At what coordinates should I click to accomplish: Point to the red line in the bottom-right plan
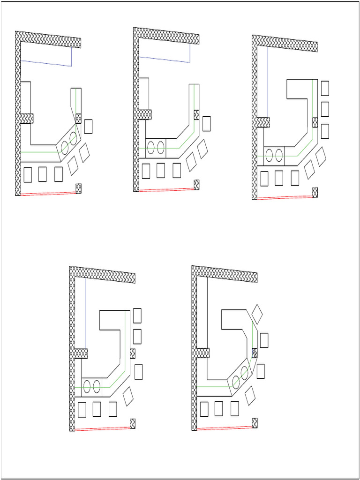point(225,427)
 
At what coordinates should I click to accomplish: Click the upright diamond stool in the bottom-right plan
point(257,313)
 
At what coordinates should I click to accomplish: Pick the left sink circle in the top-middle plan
point(151,147)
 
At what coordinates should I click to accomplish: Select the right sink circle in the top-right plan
point(279,155)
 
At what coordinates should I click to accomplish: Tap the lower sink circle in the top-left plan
point(65,147)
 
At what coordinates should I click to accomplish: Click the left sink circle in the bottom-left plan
point(87,387)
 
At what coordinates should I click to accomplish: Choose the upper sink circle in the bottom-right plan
point(244,373)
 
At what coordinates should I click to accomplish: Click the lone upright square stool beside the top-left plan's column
point(88,127)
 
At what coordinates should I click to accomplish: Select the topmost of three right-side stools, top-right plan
point(324,88)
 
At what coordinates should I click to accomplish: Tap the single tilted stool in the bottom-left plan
point(128,396)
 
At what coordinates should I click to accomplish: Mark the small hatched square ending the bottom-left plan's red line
point(133,423)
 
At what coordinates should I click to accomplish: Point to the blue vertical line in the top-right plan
point(268,82)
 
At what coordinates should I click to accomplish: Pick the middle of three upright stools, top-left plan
point(43,174)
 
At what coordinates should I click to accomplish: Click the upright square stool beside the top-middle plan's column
point(207,124)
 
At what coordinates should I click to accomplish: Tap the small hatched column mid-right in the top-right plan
point(315,122)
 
